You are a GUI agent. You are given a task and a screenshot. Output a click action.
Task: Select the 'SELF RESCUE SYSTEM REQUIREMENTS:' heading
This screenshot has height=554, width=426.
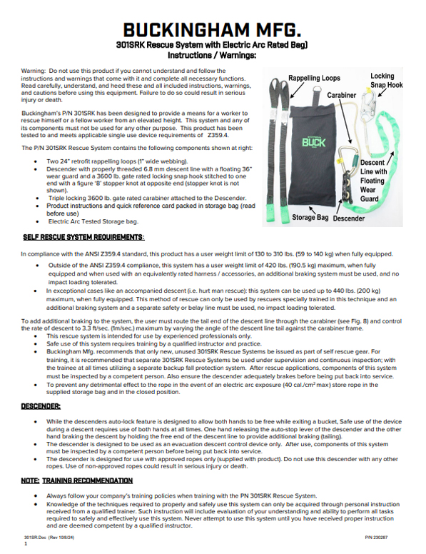[x=83, y=236]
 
